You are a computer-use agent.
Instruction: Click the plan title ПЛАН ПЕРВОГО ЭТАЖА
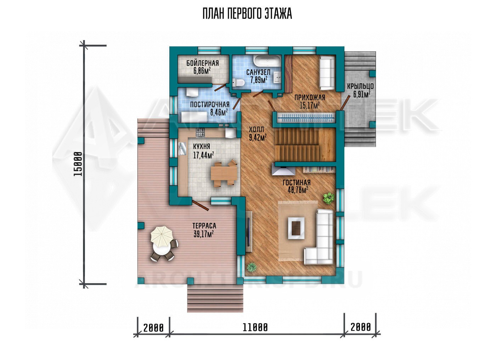247,14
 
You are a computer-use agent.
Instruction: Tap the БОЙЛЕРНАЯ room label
203,63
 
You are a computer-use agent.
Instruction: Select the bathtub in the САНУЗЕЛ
267,61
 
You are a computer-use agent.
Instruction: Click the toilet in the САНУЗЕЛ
238,83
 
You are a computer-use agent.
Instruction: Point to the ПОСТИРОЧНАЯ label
210,105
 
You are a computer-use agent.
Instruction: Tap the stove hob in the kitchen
200,133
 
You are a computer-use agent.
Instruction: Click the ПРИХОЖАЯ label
310,97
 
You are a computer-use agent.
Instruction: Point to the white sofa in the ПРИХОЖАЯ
327,73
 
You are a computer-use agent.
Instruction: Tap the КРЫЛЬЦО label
360,86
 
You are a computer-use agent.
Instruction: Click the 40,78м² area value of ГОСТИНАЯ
298,190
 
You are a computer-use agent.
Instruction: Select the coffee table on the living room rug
296,228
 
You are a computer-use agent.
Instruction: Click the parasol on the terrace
162,236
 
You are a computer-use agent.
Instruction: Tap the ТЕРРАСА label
204,226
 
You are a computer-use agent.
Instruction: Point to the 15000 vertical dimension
78,164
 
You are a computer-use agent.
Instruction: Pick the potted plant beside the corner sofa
328,198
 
